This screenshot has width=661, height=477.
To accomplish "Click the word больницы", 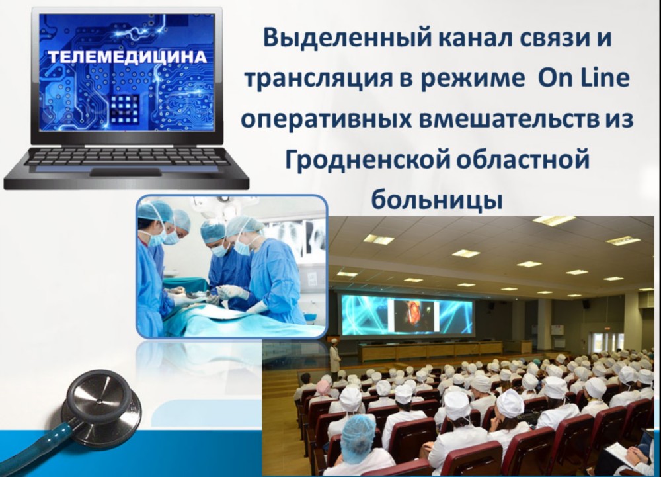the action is (x=437, y=200).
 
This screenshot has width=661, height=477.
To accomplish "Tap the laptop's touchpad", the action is (x=126, y=171).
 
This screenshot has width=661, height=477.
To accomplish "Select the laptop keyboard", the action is (x=126, y=157).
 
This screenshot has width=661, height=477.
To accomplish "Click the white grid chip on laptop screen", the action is (x=125, y=108).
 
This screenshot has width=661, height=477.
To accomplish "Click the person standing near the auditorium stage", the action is (x=335, y=359).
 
